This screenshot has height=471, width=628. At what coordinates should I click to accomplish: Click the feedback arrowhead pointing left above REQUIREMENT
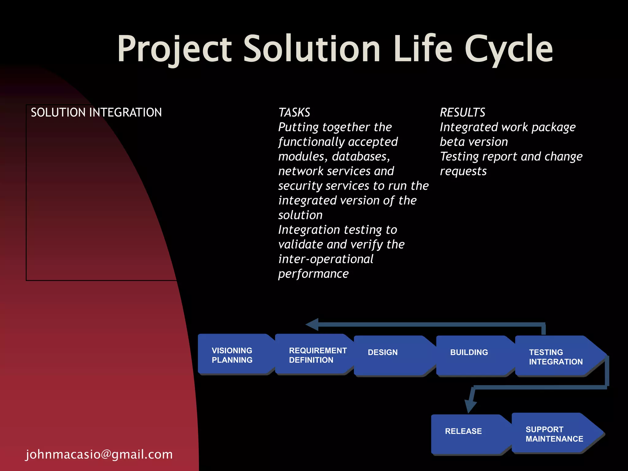click(x=312, y=324)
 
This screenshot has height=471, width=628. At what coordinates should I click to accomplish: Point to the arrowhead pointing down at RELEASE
click(x=470, y=407)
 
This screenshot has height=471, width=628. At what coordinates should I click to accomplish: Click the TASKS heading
click(x=294, y=113)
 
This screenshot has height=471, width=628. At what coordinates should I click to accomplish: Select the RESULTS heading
click(x=462, y=113)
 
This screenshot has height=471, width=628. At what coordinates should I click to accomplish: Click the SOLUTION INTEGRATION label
click(x=96, y=113)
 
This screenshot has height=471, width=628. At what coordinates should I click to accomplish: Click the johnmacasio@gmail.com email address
click(x=99, y=454)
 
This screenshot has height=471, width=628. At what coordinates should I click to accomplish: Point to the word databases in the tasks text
click(x=361, y=157)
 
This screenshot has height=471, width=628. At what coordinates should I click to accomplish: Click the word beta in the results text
click(x=452, y=142)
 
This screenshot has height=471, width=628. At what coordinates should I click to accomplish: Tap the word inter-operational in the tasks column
click(x=326, y=259)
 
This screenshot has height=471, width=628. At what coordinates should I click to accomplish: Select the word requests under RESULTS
click(x=463, y=171)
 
